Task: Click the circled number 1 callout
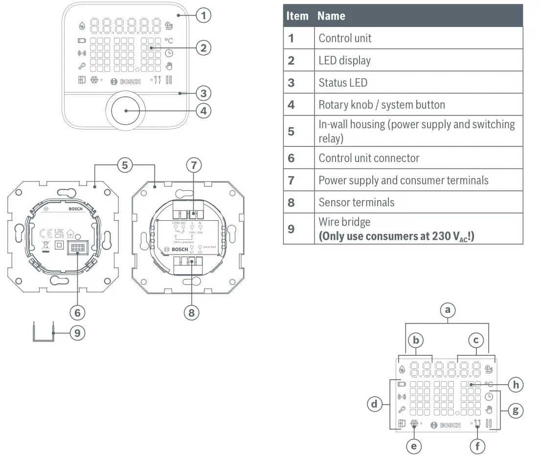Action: click(x=203, y=16)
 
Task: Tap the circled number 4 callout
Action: click(x=203, y=111)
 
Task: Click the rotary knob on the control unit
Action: click(x=126, y=111)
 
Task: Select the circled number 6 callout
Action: click(x=77, y=311)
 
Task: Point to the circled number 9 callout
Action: click(x=77, y=333)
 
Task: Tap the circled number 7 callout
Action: click(x=193, y=165)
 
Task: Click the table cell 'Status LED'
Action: click(x=418, y=82)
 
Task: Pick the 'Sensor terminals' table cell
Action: click(x=418, y=202)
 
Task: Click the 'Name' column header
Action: click(x=418, y=16)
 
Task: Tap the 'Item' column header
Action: click(x=297, y=16)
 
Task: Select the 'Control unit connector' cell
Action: click(x=418, y=158)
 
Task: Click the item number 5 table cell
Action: click(x=298, y=131)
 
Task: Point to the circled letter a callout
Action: click(x=448, y=309)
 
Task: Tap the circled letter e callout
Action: click(x=414, y=446)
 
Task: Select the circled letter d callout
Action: click(x=374, y=404)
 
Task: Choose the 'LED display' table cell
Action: click(x=418, y=60)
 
